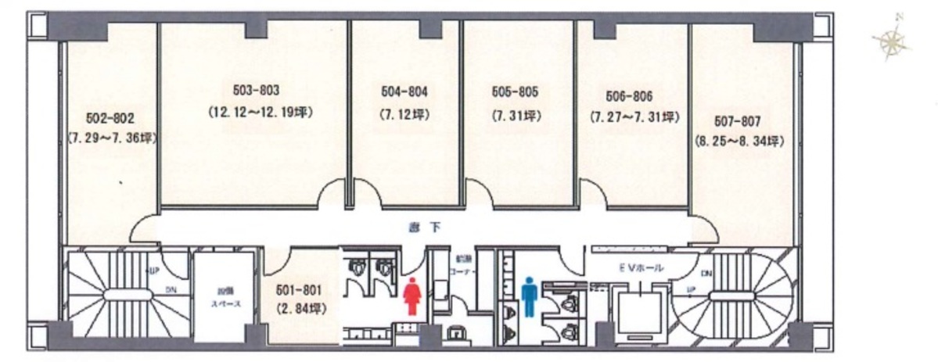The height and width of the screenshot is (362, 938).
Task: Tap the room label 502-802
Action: (x=110, y=120)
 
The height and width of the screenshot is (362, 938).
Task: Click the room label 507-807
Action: (x=739, y=121)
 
